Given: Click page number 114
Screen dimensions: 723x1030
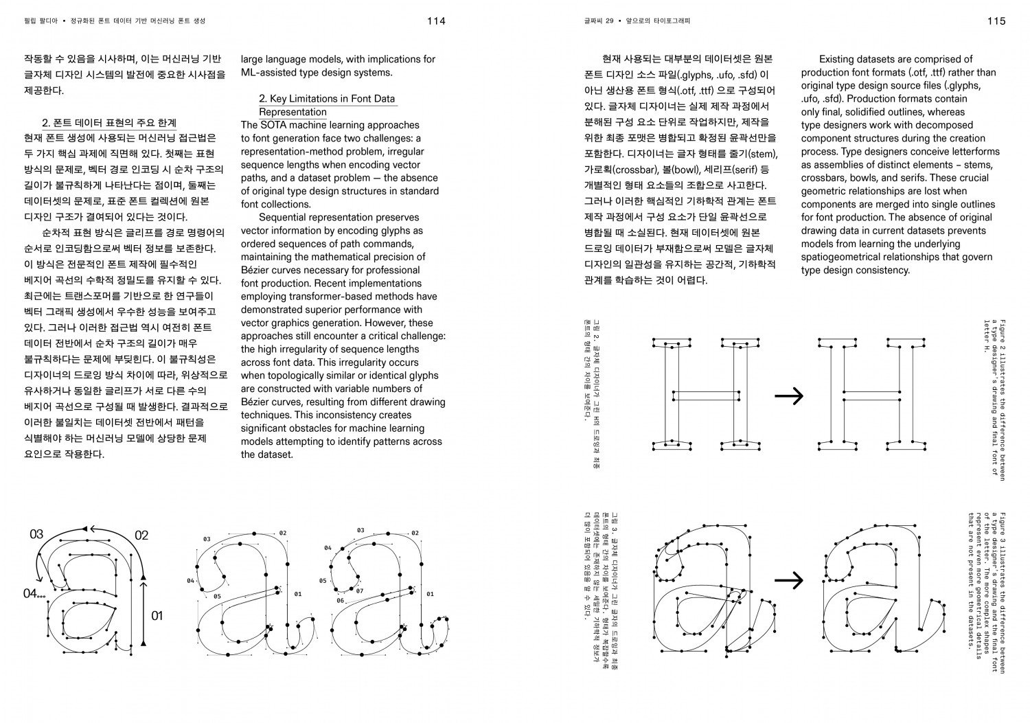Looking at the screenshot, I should click(x=436, y=21).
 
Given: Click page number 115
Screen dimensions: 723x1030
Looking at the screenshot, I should click(x=996, y=21).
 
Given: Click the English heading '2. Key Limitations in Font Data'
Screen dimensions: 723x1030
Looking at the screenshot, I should click(x=327, y=99).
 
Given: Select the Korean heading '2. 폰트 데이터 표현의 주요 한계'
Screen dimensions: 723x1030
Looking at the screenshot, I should click(x=109, y=123).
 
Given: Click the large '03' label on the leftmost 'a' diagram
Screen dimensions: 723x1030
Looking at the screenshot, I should click(x=36, y=535).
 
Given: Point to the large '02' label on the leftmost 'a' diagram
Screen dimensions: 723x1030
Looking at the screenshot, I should click(x=141, y=536).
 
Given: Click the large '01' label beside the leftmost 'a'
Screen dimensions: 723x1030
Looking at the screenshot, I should click(x=157, y=615).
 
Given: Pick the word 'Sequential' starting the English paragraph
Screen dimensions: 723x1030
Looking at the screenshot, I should click(x=282, y=218).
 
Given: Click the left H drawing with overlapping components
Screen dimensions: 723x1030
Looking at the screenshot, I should click(x=700, y=395).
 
